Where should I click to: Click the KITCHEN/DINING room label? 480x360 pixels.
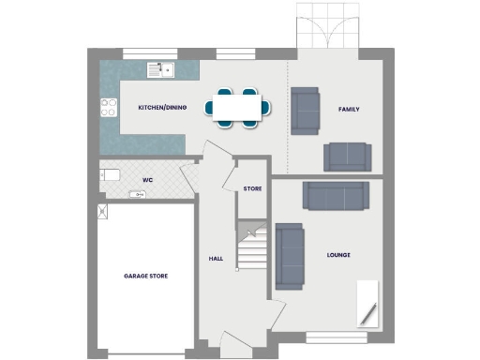coord(162,108)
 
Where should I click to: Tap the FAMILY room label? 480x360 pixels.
coord(349,110)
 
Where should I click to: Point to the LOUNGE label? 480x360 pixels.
coord(337,255)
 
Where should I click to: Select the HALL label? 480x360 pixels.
coord(214,258)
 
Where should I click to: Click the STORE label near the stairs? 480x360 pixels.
coord(252,189)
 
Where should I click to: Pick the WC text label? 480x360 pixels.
coord(147,179)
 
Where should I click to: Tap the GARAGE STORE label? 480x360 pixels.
coord(145,277)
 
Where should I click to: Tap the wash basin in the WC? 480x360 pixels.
coord(136,195)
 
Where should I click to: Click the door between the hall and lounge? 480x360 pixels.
coord(277,312)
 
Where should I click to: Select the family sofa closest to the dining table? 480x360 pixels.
coord(305,108)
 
